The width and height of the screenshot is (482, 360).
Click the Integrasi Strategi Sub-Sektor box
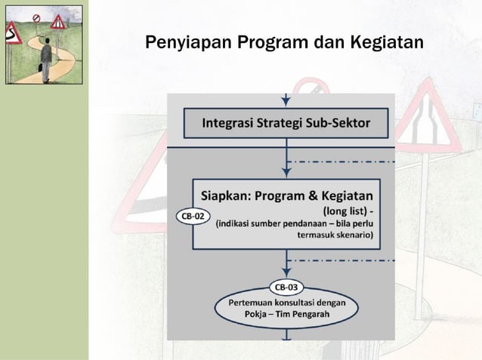[x=286, y=123]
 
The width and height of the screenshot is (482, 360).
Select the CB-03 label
[x=286, y=287]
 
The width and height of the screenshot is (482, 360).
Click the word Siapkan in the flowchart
[x=227, y=193]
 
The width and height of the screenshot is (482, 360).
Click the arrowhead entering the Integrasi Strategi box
[x=286, y=101]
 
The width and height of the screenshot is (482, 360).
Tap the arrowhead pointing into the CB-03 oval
[x=286, y=273]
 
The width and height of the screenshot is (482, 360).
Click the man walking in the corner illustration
[x=45, y=60]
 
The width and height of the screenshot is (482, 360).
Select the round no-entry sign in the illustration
[x=36, y=17]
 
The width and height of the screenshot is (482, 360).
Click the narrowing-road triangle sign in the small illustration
[x=57, y=21]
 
